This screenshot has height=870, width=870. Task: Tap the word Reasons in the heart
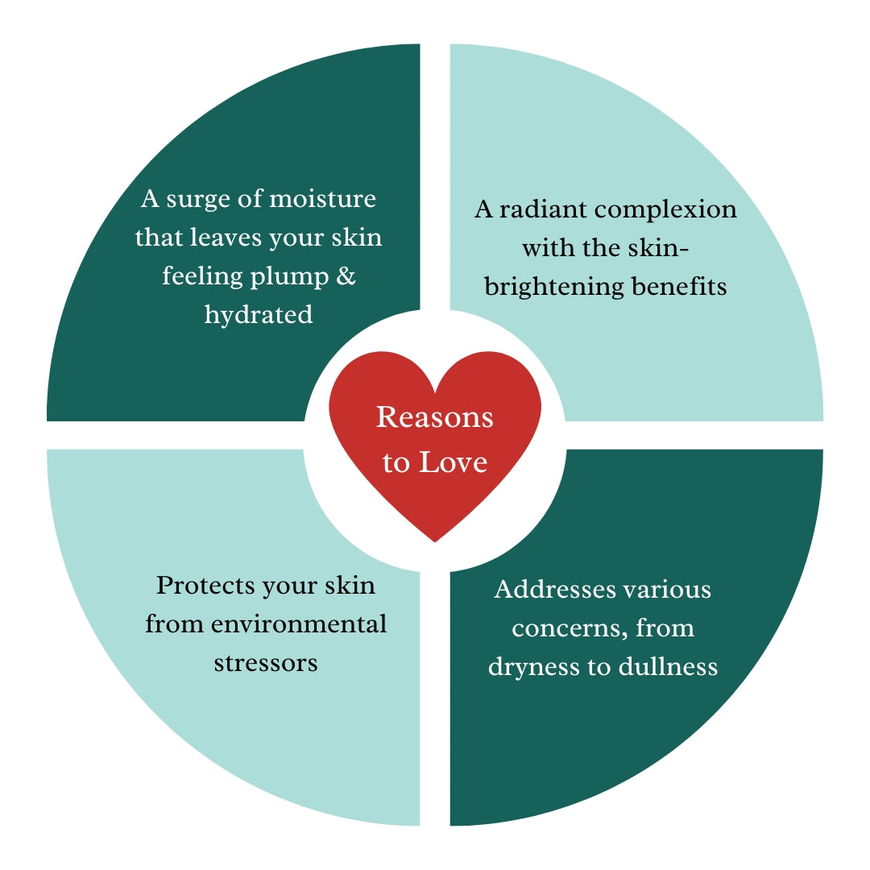435,418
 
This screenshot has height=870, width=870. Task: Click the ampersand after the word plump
346,275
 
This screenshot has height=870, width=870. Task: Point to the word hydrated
258,314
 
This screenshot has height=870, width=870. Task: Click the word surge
199,198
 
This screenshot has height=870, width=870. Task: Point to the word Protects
205,585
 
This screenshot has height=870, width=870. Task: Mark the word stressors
266,663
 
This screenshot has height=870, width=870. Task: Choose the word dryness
530,667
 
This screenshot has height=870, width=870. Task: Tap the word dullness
668,666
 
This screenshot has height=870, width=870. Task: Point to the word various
668,589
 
